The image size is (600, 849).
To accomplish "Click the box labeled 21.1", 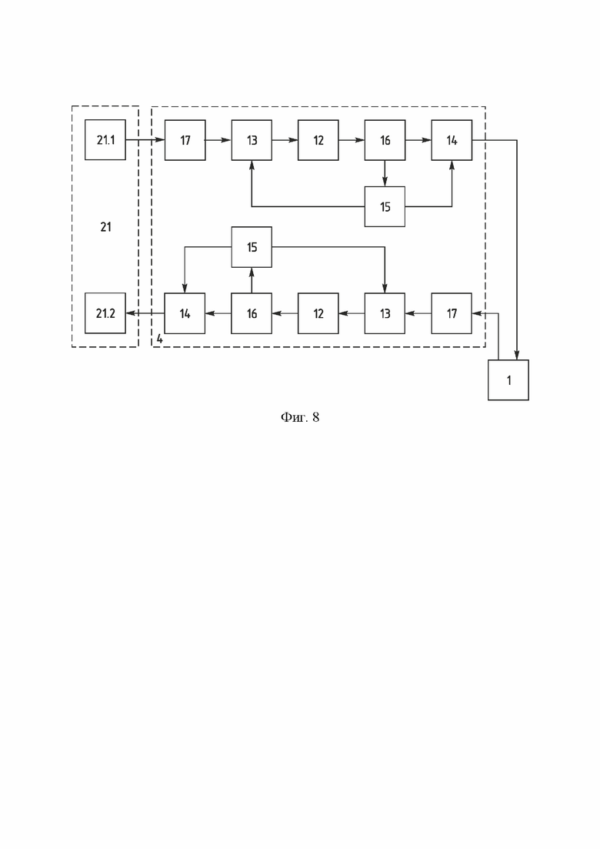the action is coord(105,139).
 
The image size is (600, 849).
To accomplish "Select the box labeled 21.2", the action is coord(105,313).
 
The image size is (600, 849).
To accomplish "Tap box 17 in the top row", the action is coord(185,140).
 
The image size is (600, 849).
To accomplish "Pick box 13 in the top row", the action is coord(252,140).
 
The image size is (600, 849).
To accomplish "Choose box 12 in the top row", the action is coord(318,140).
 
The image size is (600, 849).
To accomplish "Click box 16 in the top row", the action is coord(385,140).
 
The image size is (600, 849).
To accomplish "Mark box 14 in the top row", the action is coord(452,140).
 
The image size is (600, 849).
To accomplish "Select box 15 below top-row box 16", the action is coord(385,206).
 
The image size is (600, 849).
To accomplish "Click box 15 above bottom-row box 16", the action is coord(252,247).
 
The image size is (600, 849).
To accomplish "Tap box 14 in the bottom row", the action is coord(185,313).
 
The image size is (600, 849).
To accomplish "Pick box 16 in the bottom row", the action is coord(252,313).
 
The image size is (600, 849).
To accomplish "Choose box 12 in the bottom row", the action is coord(318,313).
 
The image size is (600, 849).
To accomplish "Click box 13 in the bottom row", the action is coord(385,313).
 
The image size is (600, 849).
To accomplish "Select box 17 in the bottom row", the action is coord(452,313).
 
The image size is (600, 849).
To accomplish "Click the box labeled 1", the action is coord(508,380).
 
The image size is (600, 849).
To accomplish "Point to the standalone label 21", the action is coord(106,227).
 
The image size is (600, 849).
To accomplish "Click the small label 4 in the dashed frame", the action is coord(159,339).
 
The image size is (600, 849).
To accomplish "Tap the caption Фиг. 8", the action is coord(300,417).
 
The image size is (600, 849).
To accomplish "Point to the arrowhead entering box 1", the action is coord(517,355).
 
